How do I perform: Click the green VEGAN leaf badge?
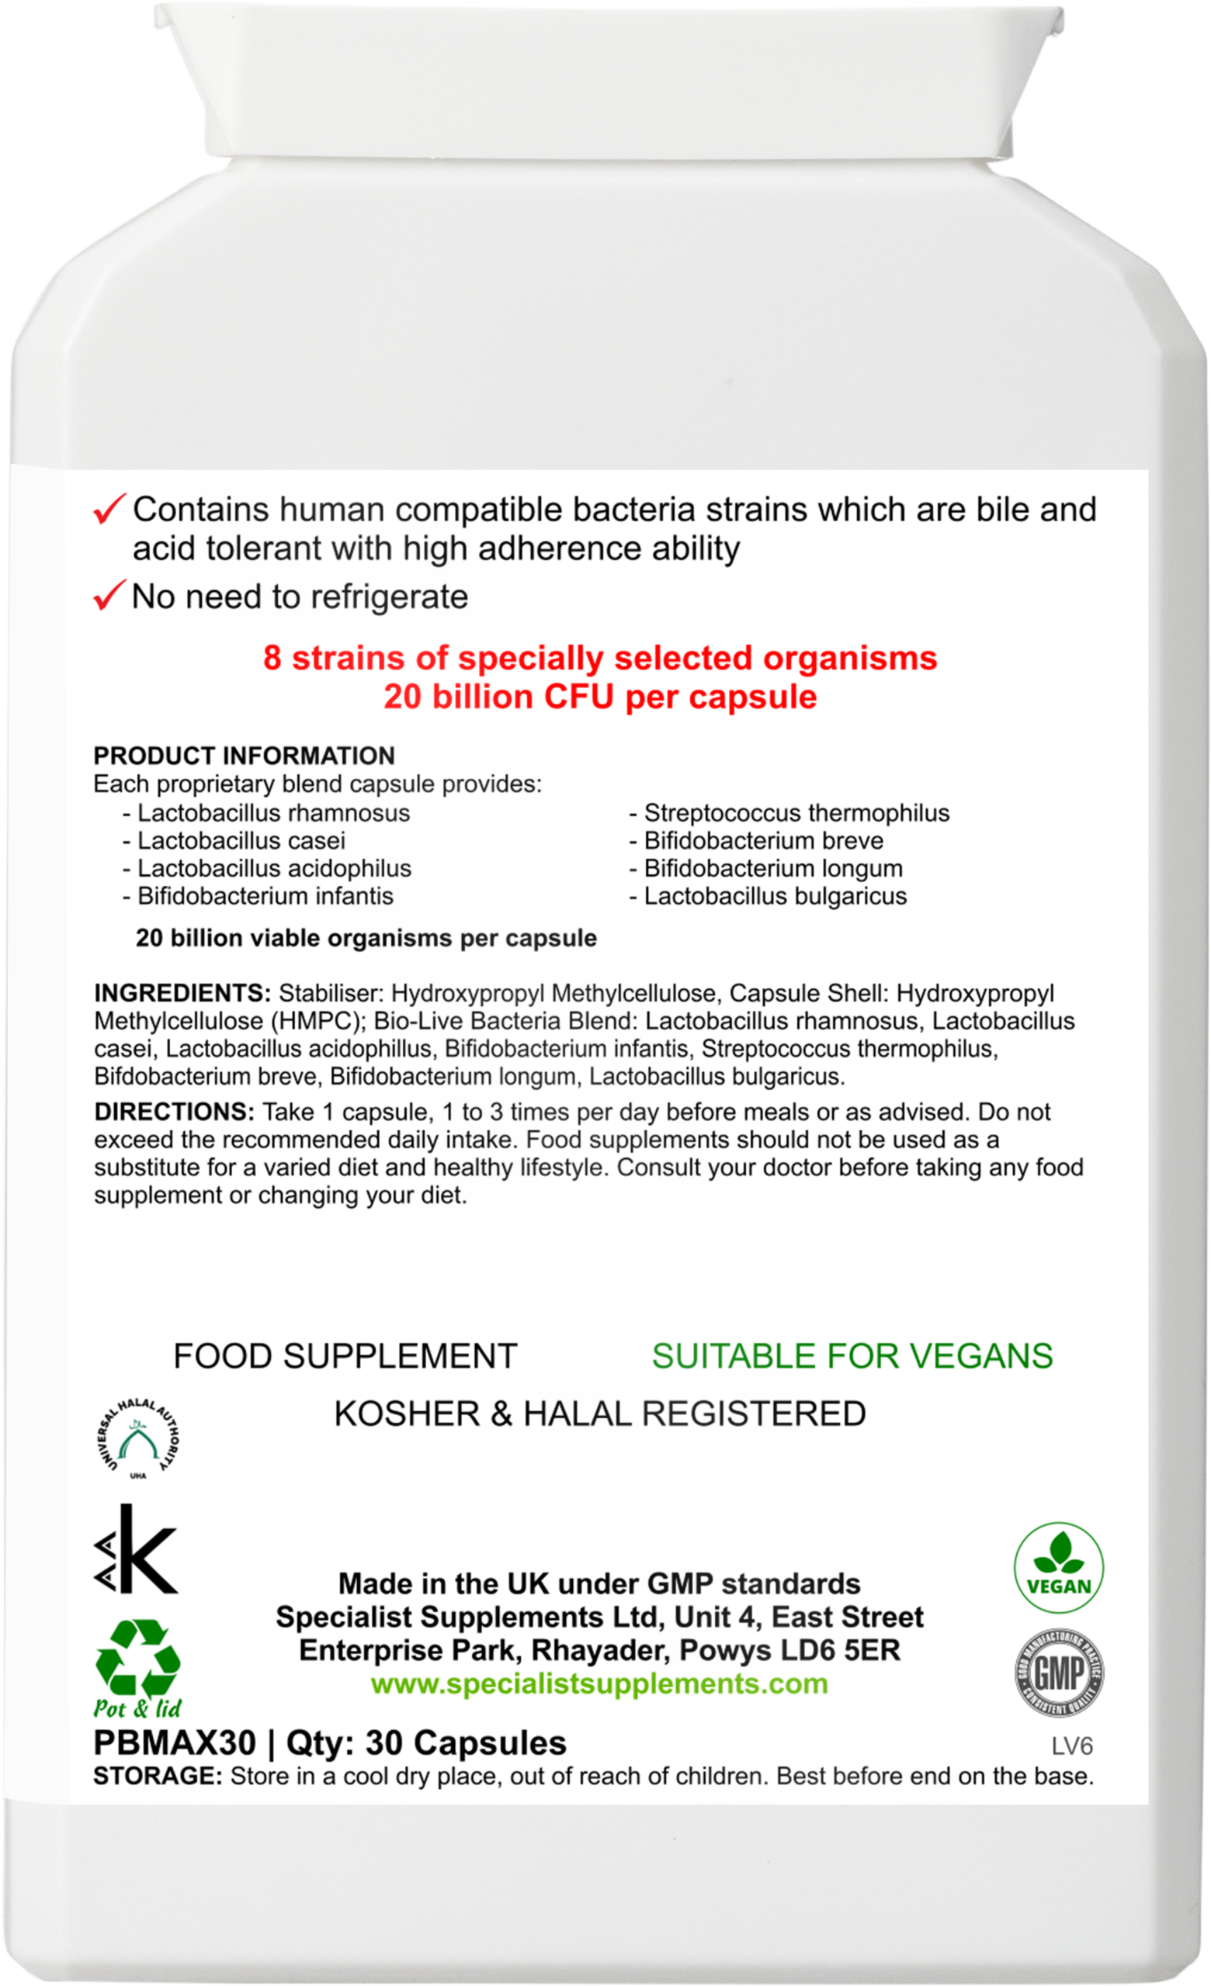point(1059,1568)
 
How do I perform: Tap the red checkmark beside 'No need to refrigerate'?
point(109,596)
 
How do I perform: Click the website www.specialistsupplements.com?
point(599,1683)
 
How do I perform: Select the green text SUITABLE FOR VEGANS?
point(852,1356)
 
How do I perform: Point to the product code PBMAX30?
point(174,1743)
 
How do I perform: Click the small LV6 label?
point(1071,1746)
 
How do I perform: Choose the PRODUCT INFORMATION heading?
point(245,756)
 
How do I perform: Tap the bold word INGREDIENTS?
point(183,993)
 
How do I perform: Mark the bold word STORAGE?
point(158,1777)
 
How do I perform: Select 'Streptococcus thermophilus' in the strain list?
point(796,812)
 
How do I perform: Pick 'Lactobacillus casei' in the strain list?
point(241,841)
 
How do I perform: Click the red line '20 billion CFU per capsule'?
point(600,697)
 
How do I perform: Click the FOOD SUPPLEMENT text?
point(345,1356)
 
